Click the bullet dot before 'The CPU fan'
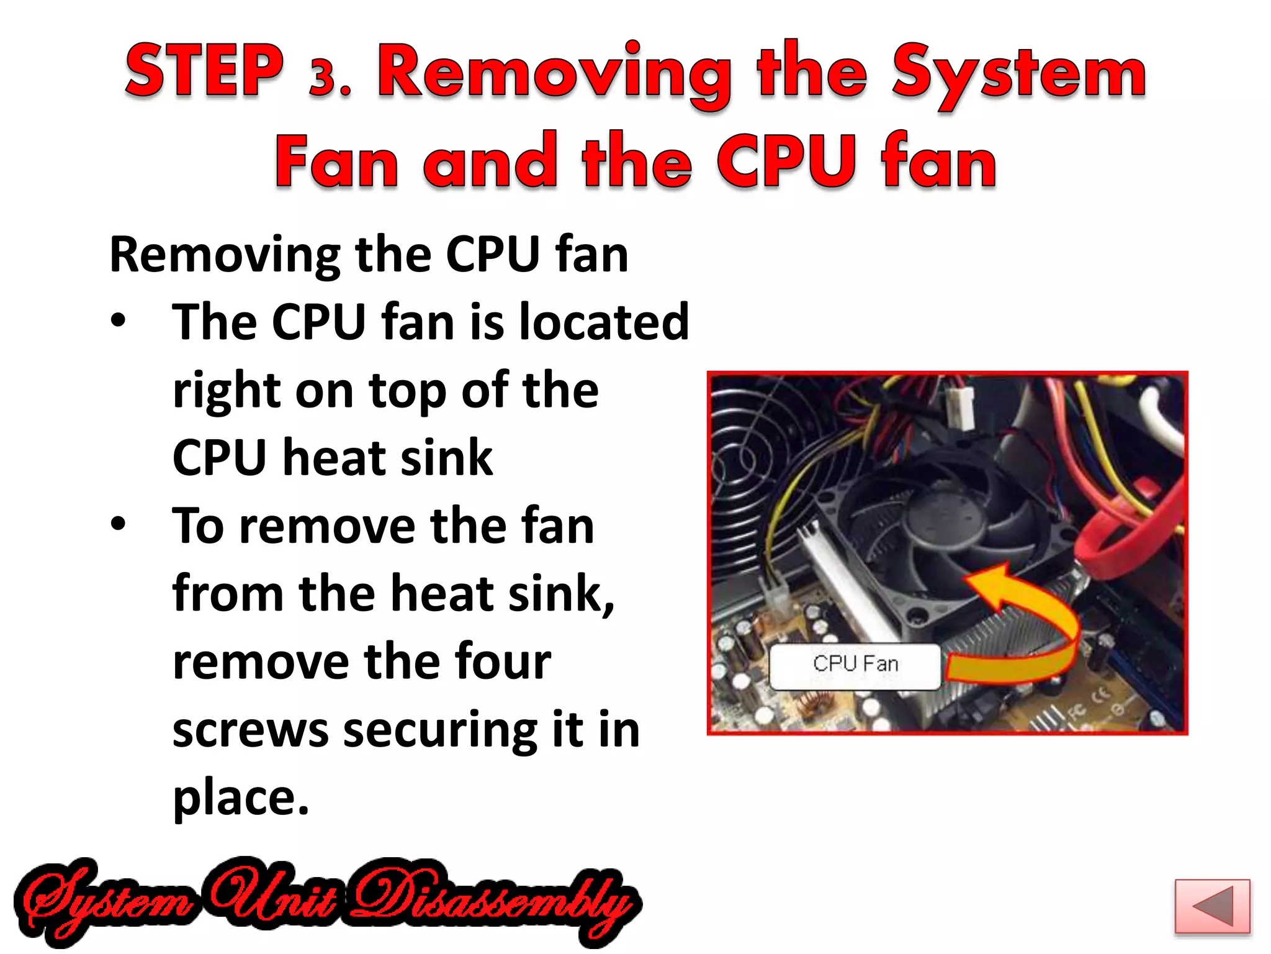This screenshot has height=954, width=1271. click(118, 321)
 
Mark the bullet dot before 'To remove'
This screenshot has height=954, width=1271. click(118, 524)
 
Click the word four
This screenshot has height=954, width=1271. click(503, 661)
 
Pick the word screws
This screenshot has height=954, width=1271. click(250, 730)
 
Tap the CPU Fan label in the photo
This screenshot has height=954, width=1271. click(855, 664)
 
